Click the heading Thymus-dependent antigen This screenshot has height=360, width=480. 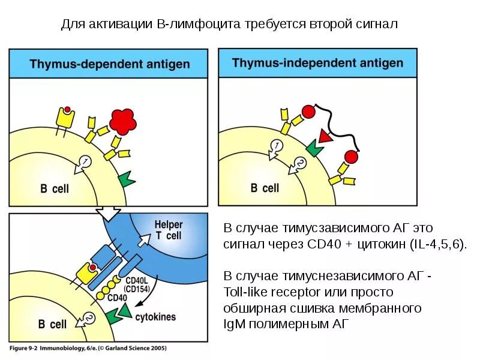pos(109,64)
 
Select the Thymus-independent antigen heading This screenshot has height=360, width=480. pos(317,62)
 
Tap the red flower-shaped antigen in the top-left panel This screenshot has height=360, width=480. pos(123,122)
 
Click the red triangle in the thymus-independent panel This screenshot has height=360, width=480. pos(325,136)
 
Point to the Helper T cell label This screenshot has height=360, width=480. pos(169,230)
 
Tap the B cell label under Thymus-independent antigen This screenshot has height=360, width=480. pos(265,188)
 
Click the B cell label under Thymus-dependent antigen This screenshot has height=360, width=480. pos(55,188)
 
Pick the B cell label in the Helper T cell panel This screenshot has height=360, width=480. pos(52,325)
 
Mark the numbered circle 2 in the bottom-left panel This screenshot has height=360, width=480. pos(89,317)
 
